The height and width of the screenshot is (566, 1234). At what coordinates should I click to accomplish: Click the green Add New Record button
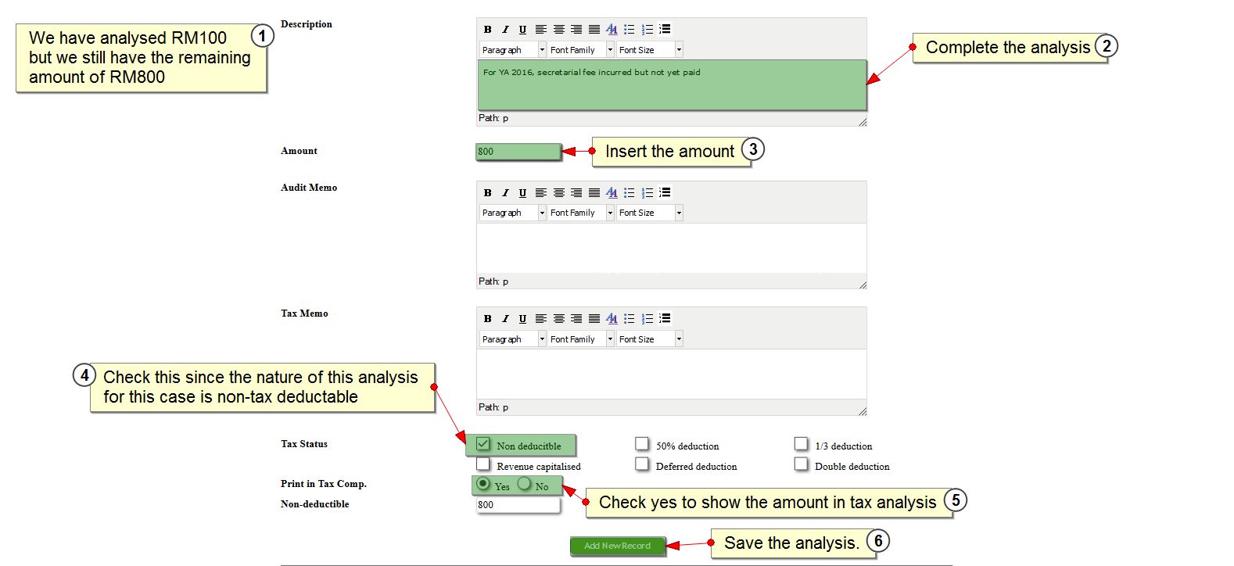618,546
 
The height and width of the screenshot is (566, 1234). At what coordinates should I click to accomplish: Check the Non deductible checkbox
483,444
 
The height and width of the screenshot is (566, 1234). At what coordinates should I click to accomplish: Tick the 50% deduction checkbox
642,444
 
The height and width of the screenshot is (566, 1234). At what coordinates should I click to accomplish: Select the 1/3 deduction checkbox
801,444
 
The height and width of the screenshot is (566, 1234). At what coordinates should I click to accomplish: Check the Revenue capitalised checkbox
483,464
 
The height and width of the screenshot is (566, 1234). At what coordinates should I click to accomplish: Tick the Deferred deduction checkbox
642,464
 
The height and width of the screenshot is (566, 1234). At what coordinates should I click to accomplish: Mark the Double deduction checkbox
801,464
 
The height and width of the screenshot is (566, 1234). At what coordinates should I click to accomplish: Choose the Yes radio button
483,484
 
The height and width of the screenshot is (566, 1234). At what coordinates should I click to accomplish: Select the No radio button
524,484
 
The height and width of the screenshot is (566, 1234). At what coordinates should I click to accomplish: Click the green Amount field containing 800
518,152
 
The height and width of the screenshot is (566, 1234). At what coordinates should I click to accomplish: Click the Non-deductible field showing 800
518,505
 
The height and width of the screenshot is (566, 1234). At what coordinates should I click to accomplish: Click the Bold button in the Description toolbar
487,29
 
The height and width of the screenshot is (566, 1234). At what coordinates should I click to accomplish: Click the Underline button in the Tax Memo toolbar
523,319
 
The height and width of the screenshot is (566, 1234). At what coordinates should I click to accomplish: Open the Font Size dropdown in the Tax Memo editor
650,339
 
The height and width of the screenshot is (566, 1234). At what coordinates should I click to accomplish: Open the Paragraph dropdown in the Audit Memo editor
512,213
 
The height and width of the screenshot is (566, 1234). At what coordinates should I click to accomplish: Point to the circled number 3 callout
753,149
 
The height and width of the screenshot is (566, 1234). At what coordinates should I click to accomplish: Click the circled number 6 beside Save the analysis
878,541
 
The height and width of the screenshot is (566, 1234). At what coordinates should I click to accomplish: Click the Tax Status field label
304,444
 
